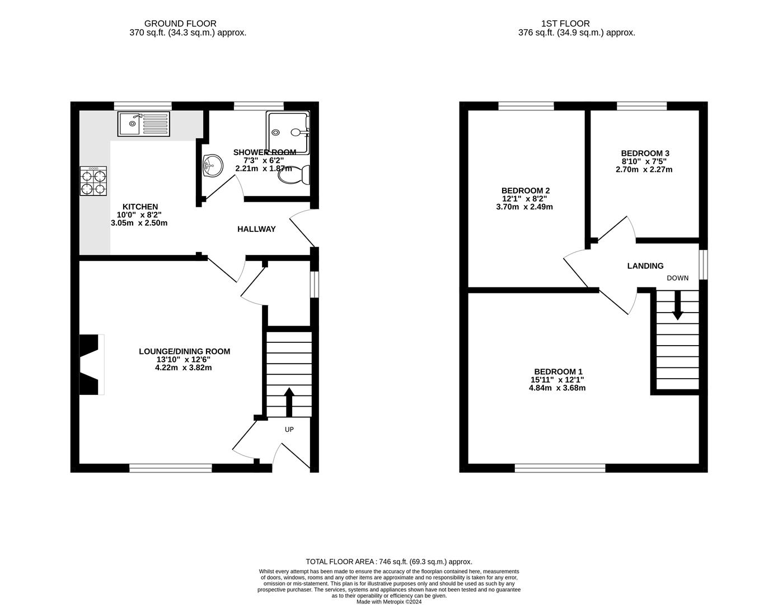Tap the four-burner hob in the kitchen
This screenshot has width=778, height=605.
point(93,182)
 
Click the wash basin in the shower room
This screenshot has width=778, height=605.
point(213,165)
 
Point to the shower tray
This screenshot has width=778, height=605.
point(288,133)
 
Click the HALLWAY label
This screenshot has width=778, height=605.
point(256,229)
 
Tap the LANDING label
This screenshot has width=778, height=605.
point(645,266)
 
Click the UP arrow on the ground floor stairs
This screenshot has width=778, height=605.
point(289,402)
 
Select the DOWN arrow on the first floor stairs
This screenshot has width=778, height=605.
point(677,306)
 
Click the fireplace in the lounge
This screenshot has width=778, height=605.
point(91,365)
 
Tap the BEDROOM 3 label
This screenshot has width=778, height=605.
point(645,153)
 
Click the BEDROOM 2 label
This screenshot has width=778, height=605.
point(525,190)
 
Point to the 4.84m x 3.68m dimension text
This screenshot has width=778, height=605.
point(557,388)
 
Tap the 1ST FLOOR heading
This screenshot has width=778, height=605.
point(565,24)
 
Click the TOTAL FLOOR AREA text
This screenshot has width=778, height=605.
point(388,561)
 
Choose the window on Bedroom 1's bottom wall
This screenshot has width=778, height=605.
point(560,468)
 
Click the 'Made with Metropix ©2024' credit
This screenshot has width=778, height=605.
point(389,602)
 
